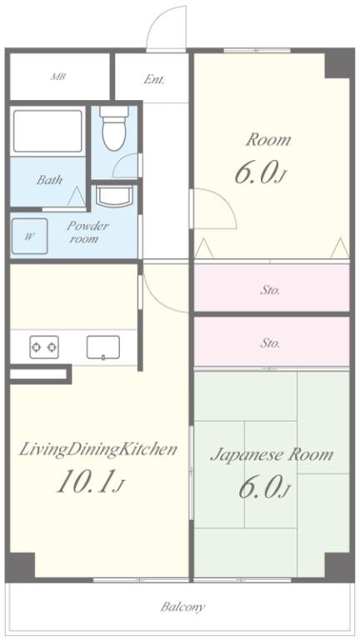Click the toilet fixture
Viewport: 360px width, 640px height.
114,128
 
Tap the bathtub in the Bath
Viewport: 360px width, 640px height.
47,131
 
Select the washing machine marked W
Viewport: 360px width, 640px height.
29,237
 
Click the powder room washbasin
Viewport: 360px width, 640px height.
114,197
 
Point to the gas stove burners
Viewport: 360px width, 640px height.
44,347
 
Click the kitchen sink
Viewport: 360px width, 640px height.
103,347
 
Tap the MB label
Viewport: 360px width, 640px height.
58,77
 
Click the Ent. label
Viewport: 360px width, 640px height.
154,79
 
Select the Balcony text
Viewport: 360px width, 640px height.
182,607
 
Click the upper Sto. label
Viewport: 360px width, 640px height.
270,291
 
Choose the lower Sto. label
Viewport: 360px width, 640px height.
270,343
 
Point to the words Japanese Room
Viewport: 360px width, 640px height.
272,454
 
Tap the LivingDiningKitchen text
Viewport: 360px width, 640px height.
98,449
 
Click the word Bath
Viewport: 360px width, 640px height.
49,180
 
